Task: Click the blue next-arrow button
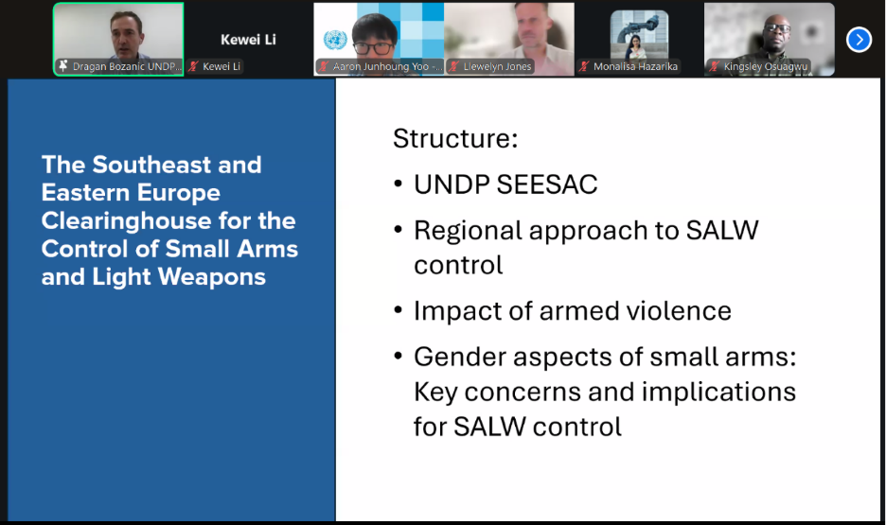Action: click(859, 40)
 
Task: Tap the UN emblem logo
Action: click(335, 40)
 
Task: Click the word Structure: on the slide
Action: click(455, 138)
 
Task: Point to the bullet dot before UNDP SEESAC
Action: click(399, 184)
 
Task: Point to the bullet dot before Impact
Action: click(399, 310)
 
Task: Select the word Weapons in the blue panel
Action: click(212, 277)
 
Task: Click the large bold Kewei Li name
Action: click(248, 40)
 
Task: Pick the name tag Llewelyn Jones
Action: click(497, 66)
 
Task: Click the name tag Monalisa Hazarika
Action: click(635, 66)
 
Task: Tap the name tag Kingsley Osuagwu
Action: click(766, 66)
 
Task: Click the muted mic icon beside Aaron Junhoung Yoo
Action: click(324, 66)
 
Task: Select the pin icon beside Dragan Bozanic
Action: click(63, 66)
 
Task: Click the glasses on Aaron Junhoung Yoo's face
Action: click(375, 48)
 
